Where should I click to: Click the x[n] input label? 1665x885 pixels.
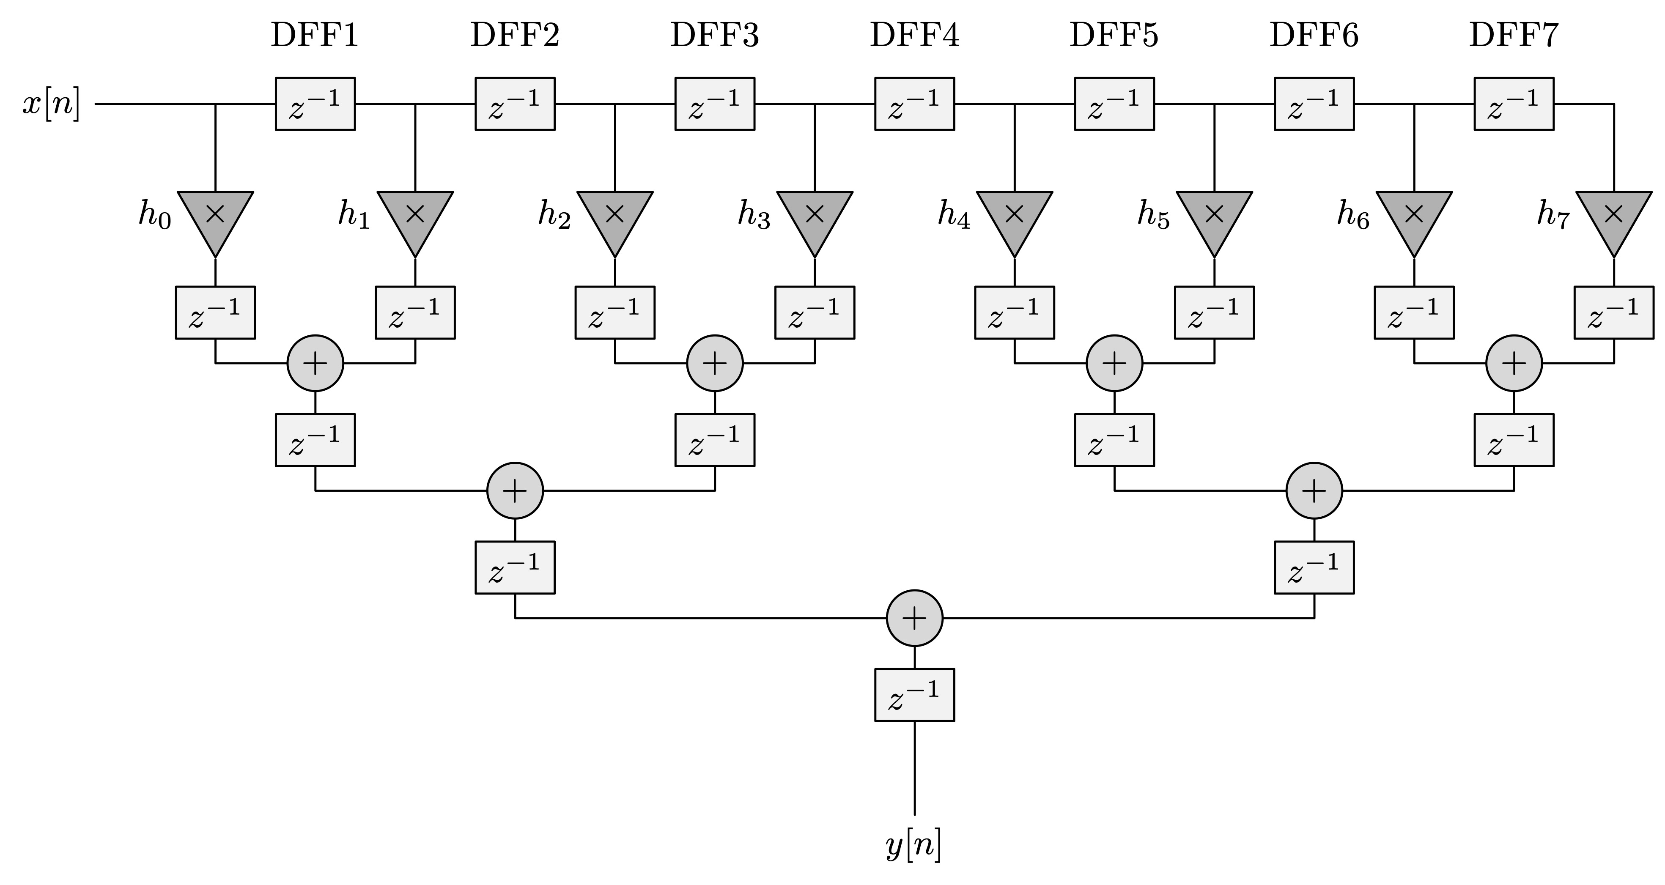click(52, 104)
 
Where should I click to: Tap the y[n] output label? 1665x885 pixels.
click(914, 845)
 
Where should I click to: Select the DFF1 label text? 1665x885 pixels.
click(315, 36)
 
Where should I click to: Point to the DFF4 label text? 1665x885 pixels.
click(915, 36)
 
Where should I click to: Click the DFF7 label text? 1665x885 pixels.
click(1514, 36)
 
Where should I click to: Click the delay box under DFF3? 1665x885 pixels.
click(715, 104)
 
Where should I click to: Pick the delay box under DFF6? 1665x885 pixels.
click(1314, 104)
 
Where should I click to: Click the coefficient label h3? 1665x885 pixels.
click(754, 215)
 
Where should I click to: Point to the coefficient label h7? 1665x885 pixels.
click(1553, 215)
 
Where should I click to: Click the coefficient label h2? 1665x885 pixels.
click(554, 215)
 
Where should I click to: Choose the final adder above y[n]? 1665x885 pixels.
click(915, 618)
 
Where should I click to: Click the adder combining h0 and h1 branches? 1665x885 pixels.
click(315, 363)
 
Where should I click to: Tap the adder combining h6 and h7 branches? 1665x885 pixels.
click(1514, 363)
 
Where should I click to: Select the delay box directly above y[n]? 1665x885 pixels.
click(915, 695)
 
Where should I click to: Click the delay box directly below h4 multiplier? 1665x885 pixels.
click(1014, 312)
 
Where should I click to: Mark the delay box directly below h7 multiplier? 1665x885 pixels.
click(1614, 312)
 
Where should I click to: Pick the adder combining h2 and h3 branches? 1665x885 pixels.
click(715, 363)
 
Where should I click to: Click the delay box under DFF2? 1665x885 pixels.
click(515, 104)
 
